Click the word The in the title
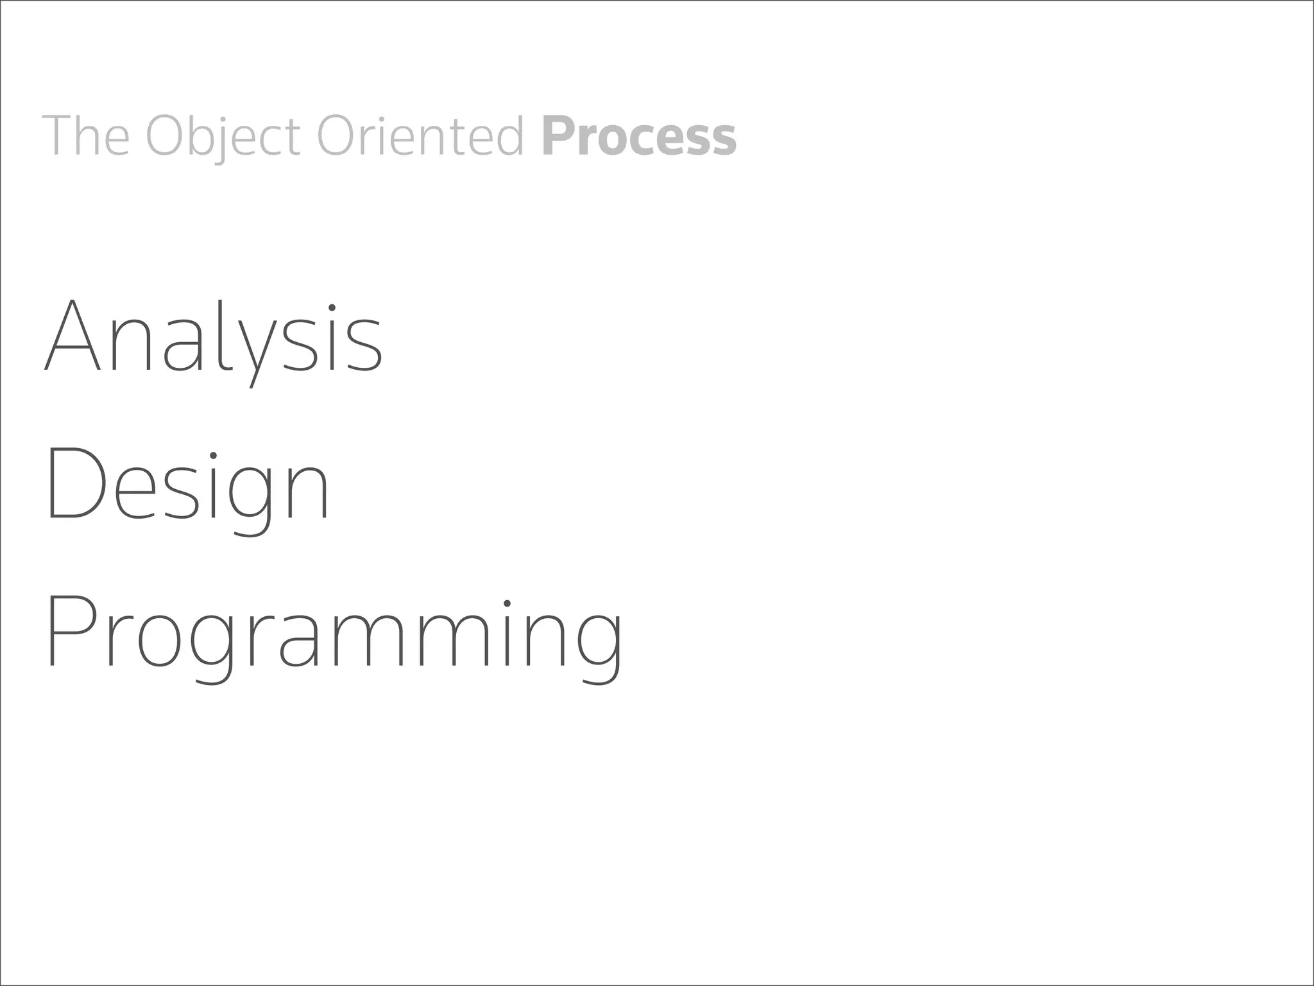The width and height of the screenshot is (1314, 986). [86, 135]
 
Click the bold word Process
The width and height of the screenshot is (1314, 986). [639, 137]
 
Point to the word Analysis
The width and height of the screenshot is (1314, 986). [214, 337]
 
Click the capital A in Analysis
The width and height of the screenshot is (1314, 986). [73, 335]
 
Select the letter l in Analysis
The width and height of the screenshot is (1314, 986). [221, 335]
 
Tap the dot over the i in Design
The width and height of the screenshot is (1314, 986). [213, 458]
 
